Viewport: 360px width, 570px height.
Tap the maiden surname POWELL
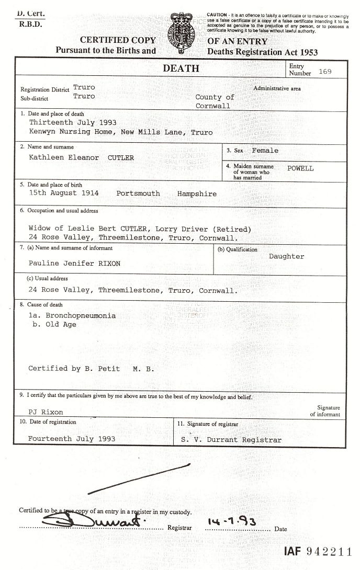tap(300, 168)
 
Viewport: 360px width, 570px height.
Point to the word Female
tap(265, 151)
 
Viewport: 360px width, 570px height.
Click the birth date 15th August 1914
tap(64, 193)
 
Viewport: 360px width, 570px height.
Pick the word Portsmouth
tap(138, 193)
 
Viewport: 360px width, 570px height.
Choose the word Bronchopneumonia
tap(81, 316)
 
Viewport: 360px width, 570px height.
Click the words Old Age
tap(61, 324)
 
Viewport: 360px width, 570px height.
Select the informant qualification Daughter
tap(286, 256)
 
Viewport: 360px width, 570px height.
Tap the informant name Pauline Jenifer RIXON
tap(74, 264)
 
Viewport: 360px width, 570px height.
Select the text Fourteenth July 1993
tap(72, 439)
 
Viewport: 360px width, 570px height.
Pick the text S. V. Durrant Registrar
tap(231, 440)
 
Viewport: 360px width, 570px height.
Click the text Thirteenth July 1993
tap(72, 122)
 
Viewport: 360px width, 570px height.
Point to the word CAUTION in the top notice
tap(217, 14)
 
